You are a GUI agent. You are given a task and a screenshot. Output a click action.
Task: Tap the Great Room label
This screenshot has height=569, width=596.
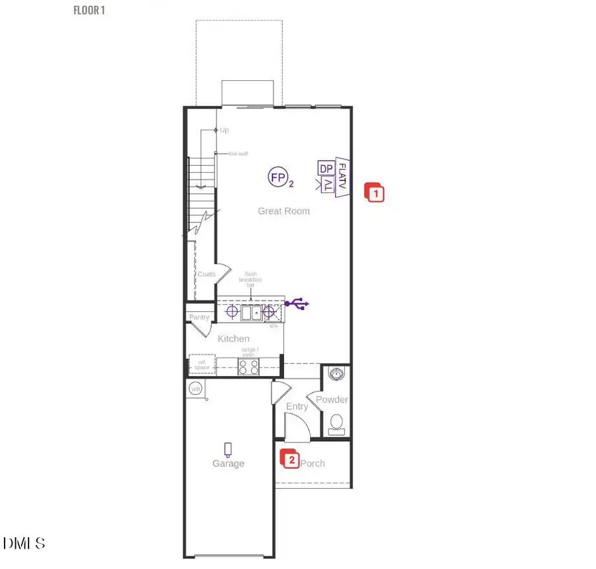(x=283, y=211)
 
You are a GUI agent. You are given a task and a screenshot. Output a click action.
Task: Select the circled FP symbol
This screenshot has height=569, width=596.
(x=277, y=177)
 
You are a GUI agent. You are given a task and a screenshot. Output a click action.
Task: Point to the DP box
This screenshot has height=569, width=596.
(x=326, y=168)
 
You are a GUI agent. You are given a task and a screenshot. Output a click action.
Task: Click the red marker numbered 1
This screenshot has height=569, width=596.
(x=375, y=193)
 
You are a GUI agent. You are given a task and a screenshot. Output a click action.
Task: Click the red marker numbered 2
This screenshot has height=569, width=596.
(x=290, y=458)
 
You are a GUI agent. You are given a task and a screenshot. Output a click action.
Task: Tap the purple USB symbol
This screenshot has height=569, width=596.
(x=297, y=303)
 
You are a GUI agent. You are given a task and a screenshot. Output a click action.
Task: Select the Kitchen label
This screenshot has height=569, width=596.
(x=234, y=339)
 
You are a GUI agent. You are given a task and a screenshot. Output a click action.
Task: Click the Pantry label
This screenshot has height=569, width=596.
(x=199, y=317)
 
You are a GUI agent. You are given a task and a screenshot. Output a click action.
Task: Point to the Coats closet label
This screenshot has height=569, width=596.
(x=206, y=274)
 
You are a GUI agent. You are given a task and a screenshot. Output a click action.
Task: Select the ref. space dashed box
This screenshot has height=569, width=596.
(x=199, y=365)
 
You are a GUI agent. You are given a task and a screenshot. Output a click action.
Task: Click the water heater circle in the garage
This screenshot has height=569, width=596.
(x=196, y=389)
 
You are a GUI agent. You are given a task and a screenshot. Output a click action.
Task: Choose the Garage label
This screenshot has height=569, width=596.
(x=228, y=464)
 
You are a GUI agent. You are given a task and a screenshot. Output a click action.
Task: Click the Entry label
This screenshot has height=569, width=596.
(x=297, y=407)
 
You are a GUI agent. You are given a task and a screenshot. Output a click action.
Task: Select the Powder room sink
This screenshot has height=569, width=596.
(x=337, y=374)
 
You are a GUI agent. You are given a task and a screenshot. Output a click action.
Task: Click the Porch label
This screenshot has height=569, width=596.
(x=313, y=464)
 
